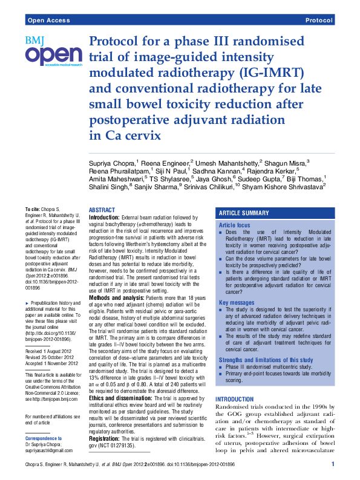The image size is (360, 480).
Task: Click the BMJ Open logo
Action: tap(53, 52)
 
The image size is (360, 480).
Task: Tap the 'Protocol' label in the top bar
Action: tap(319, 21)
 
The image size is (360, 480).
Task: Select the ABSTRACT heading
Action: tap(102, 209)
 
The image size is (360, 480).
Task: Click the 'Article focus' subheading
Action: tap(234, 225)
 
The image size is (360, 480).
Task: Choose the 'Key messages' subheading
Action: tap(237, 302)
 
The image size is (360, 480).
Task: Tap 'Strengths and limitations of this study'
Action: tap(266, 360)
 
